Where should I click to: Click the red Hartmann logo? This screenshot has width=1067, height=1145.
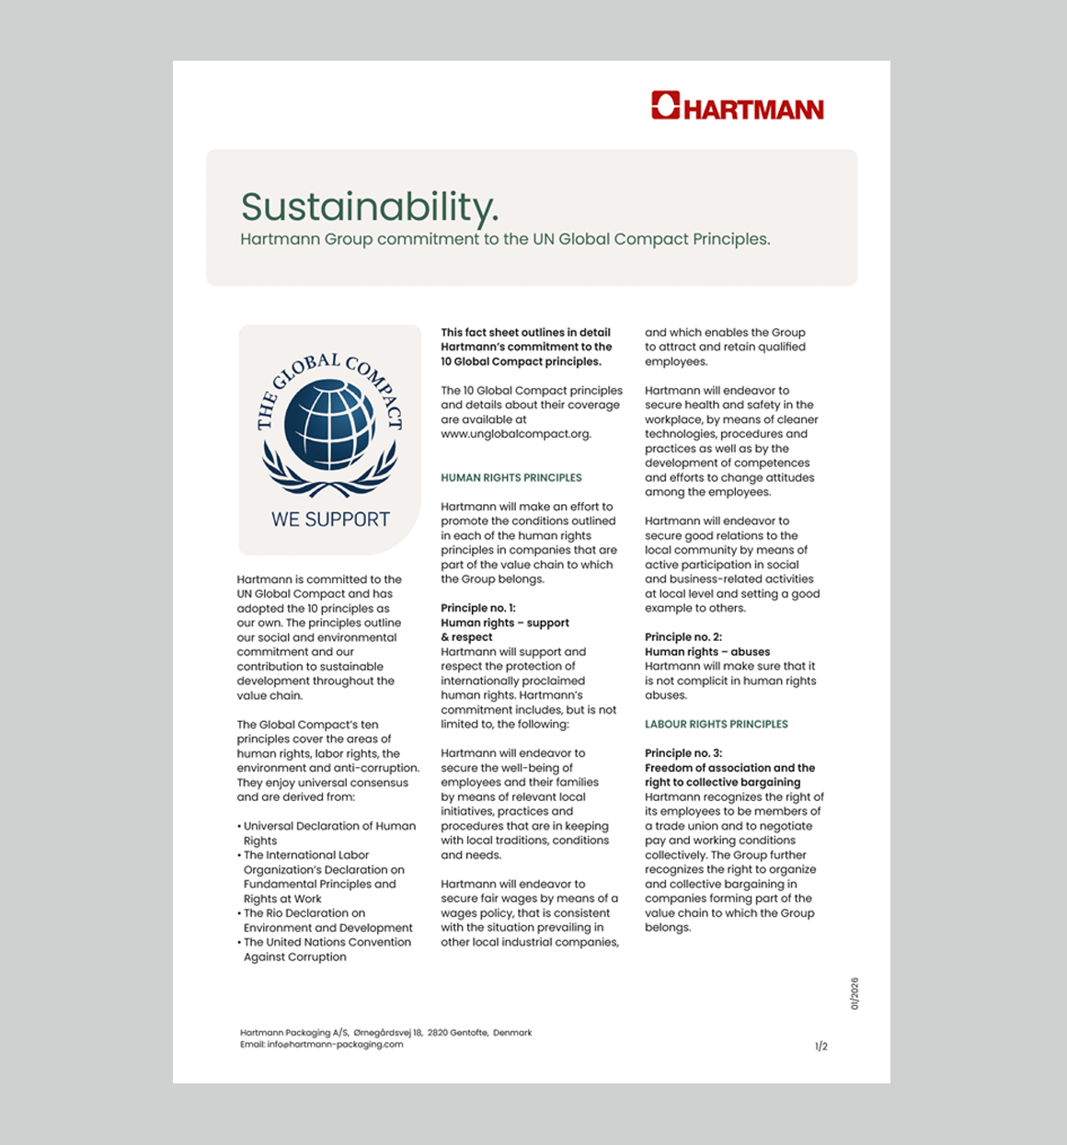click(737, 107)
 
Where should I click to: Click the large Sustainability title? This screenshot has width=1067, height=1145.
click(370, 207)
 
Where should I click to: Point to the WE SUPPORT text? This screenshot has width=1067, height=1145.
click(330, 520)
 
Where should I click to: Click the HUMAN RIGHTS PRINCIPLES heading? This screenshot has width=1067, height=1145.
click(511, 478)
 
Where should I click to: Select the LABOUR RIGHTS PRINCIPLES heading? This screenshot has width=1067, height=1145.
click(717, 725)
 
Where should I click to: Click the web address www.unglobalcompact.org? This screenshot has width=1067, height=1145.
click(515, 434)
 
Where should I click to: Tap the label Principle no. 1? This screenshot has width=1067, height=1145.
click(478, 609)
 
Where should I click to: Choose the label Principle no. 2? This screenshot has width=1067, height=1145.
click(683, 637)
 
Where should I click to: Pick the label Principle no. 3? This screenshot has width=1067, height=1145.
click(683, 753)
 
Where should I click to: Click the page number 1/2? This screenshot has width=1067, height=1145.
click(821, 1047)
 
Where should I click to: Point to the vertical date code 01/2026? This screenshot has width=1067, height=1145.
click(855, 994)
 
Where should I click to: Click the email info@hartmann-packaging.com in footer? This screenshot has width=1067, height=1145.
click(335, 1045)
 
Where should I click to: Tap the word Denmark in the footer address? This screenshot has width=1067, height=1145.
click(512, 1033)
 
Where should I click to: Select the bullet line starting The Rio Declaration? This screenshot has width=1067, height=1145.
click(304, 913)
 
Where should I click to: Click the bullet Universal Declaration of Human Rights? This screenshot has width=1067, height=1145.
click(329, 827)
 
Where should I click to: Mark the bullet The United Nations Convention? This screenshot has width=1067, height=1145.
click(327, 943)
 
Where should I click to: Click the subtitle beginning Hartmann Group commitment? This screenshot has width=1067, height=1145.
click(505, 239)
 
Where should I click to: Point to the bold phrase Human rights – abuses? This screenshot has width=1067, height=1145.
click(707, 652)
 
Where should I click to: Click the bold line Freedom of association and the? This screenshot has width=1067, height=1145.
click(729, 768)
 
